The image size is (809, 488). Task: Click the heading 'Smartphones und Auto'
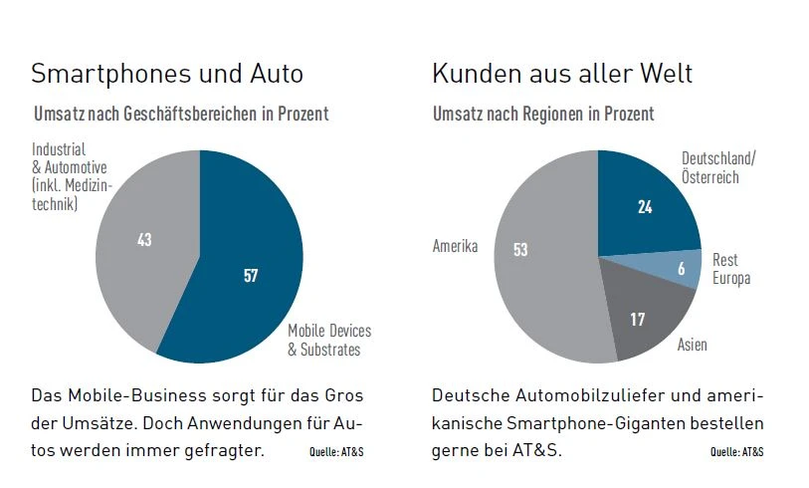point(167,75)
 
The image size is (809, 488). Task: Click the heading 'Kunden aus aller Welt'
point(562,75)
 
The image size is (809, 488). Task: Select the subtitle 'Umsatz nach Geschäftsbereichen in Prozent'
point(181,114)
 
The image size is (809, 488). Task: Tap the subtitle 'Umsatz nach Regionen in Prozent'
point(543,114)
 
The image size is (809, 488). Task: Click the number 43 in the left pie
point(144,240)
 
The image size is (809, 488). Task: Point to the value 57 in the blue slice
point(251,276)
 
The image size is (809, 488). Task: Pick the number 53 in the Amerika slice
point(520,249)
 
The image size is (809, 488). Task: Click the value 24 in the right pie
point(645,207)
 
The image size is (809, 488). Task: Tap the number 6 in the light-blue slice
point(681,269)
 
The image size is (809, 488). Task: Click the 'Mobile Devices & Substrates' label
point(329,340)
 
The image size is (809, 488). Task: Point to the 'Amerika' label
point(456,245)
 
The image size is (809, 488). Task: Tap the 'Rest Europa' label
point(731,269)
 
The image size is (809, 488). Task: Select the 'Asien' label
point(693,345)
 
